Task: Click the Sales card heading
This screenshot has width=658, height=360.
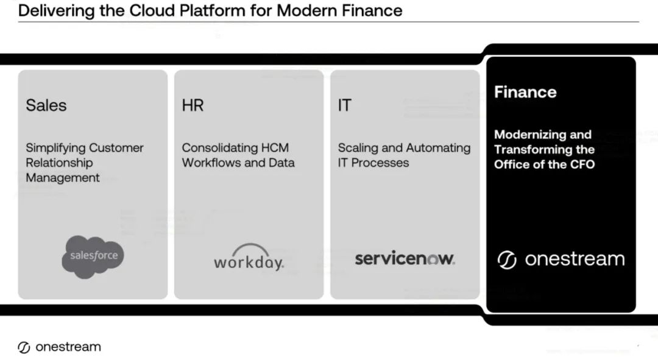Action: [46, 105]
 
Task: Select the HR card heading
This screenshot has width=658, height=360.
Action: [192, 105]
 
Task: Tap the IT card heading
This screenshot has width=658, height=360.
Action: [344, 105]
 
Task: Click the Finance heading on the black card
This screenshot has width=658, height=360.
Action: [525, 92]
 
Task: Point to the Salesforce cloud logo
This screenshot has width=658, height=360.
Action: [93, 256]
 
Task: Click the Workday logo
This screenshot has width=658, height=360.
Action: [249, 258]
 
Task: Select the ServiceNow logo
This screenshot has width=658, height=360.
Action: [405, 258]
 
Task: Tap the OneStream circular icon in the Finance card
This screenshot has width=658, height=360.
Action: [507, 260]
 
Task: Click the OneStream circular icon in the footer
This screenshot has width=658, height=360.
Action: [24, 348]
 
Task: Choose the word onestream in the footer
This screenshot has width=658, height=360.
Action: [68, 347]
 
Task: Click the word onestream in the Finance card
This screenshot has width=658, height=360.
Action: [575, 259]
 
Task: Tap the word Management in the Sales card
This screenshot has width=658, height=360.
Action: [63, 178]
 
